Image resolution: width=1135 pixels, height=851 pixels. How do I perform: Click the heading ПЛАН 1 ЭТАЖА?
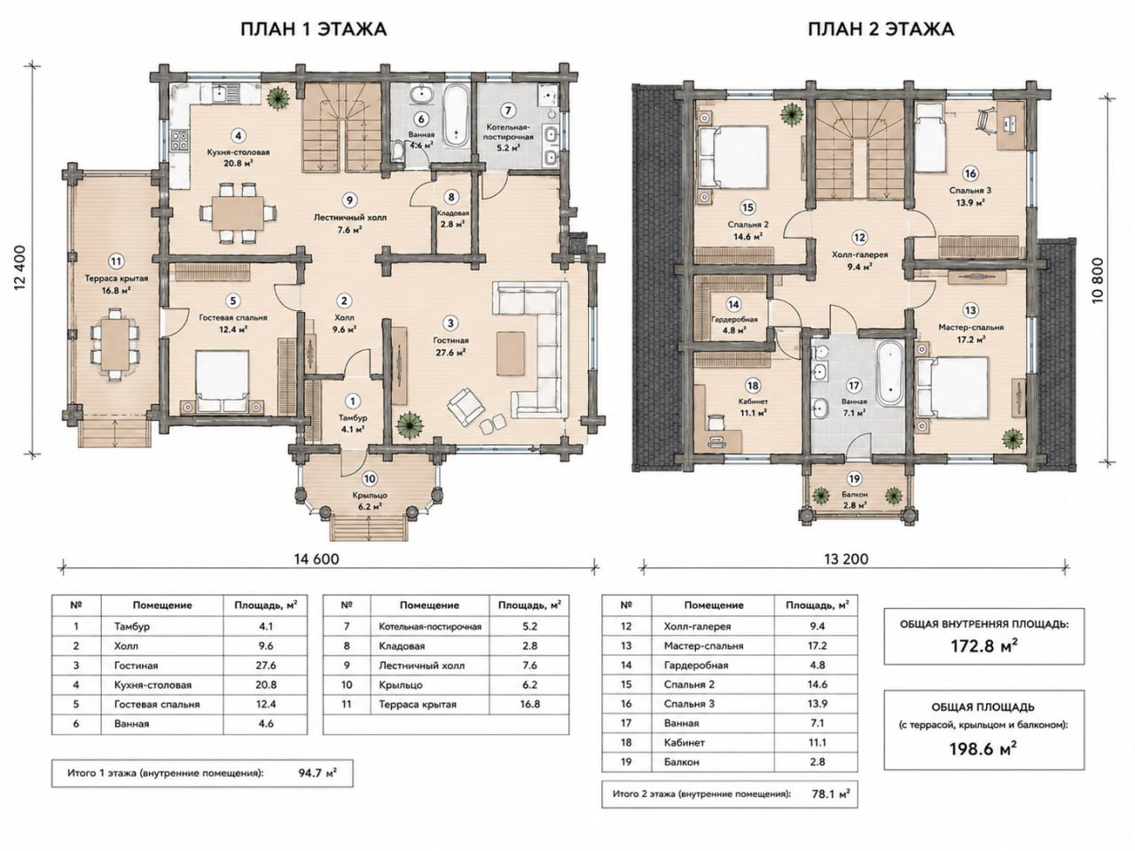(314, 29)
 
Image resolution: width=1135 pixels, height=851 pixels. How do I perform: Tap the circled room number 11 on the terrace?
(117, 260)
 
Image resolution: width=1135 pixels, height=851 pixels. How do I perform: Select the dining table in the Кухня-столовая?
(238, 213)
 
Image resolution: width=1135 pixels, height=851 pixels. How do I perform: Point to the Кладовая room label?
(452, 213)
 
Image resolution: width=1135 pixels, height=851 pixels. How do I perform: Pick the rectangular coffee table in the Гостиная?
(511, 354)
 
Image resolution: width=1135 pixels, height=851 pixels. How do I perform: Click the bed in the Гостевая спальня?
(223, 382)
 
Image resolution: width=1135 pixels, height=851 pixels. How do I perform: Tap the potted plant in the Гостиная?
(410, 425)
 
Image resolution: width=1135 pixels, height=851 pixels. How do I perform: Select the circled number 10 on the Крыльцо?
(369, 479)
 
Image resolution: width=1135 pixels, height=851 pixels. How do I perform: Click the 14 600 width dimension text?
(317, 559)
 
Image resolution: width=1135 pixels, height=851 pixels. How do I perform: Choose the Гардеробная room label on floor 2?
(733, 319)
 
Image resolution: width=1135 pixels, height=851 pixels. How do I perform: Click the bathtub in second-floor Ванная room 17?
(890, 371)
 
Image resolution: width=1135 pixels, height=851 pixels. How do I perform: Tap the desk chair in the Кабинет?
(715, 422)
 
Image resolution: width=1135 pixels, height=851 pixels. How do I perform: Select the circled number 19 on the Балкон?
(854, 479)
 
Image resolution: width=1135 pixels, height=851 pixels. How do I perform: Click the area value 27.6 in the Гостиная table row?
(266, 666)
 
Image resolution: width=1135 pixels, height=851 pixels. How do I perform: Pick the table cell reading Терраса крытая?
(418, 704)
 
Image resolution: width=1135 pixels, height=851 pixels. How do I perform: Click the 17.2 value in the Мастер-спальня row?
(817, 646)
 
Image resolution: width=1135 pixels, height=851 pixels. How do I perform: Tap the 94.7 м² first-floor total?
(317, 773)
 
